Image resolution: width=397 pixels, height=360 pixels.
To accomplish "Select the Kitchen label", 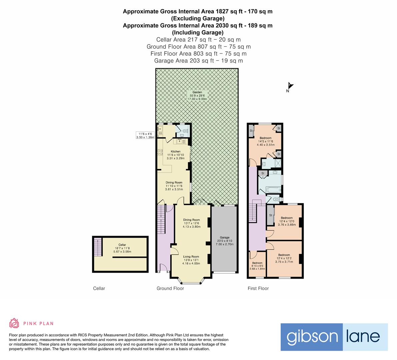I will click(x=175, y=152).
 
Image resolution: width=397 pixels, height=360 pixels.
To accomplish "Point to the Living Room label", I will click(x=191, y=257).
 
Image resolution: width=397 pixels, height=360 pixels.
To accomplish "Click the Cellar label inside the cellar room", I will click(x=122, y=245).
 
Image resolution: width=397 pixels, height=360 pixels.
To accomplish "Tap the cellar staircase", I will click(x=97, y=247).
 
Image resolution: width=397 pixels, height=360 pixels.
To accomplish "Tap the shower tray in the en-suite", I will click(x=277, y=163).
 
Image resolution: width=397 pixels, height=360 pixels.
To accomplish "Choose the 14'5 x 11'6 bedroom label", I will click(x=265, y=138).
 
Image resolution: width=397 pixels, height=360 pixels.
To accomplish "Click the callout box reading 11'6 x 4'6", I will click(x=145, y=135).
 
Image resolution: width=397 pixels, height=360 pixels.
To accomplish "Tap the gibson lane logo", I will click(x=334, y=337).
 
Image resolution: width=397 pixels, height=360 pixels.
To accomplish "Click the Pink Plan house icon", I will click(x=14, y=323).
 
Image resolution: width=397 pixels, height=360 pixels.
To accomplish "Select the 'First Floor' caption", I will click(x=258, y=288).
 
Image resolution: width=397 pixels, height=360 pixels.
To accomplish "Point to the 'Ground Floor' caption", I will click(x=170, y=288).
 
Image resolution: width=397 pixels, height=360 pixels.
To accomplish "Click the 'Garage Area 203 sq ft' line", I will click(x=198, y=61).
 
